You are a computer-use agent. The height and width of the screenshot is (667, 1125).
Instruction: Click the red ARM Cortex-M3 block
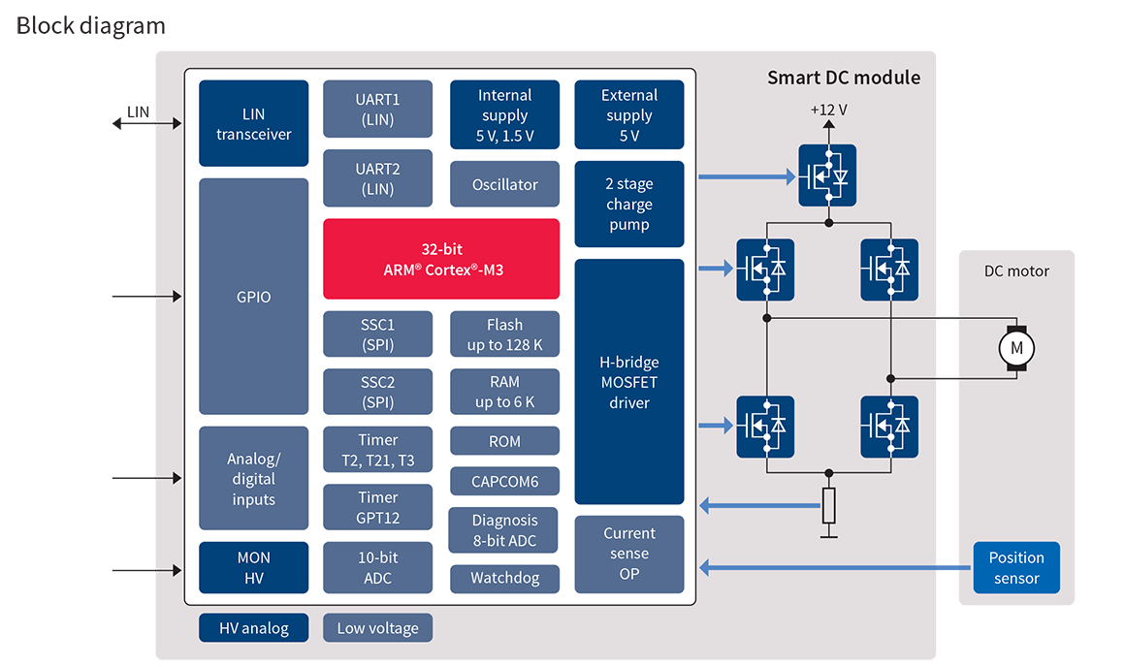pos(440,259)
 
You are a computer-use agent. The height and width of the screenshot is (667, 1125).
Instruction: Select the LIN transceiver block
pos(253,123)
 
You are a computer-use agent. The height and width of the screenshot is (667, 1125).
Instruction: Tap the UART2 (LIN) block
pos(377,178)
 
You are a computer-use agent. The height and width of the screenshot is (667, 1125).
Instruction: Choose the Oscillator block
pos(504,184)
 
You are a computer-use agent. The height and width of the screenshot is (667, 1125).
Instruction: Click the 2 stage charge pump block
pos(628,205)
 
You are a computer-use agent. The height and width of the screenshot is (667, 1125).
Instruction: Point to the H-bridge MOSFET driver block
pos(628,382)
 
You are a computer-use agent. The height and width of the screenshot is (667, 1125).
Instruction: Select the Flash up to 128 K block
pos(504,334)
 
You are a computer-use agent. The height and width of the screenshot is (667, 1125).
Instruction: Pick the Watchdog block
pos(504,579)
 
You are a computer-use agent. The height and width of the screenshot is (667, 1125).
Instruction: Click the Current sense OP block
pos(628,554)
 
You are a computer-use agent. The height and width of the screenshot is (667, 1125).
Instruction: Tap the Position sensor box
pos(1015,568)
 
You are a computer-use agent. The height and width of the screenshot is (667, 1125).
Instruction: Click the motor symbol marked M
pos(1016,347)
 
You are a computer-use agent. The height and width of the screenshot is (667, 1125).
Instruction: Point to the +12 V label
pos(828,110)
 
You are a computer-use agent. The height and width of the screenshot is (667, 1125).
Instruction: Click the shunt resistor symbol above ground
pos(828,504)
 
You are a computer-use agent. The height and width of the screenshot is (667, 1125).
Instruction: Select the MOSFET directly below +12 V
pos(827,175)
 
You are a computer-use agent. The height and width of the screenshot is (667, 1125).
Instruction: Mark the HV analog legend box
pos(253,627)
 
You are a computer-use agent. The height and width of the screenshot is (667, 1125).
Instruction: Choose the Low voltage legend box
pos(377,627)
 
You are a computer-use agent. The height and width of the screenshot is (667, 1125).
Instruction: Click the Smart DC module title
pos(843,78)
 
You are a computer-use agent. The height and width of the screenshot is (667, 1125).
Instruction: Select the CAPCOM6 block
pos(504,481)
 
